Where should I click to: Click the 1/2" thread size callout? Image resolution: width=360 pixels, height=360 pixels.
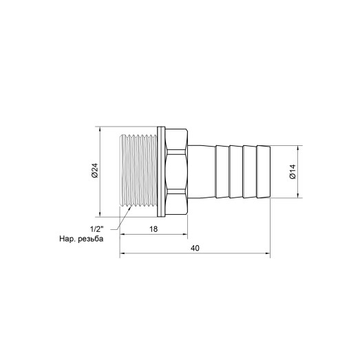96,228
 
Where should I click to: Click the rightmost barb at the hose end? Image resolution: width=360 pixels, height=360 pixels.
262,172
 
